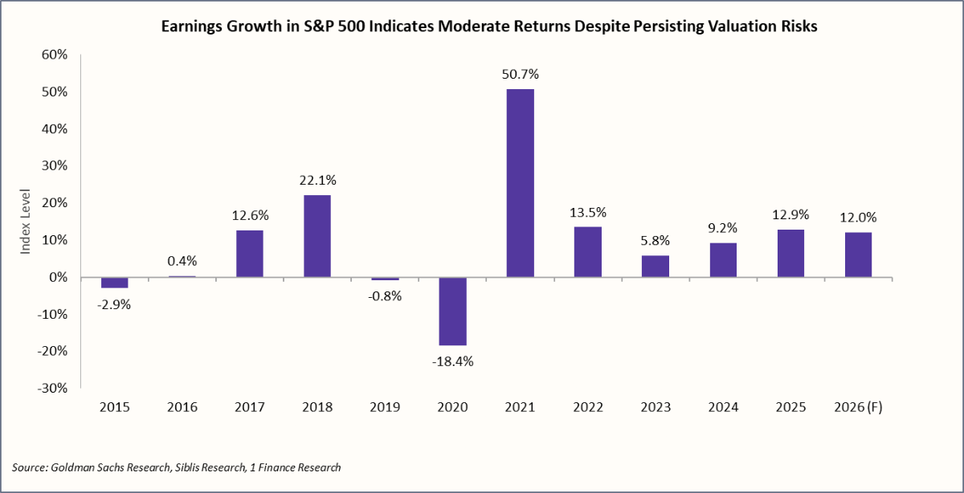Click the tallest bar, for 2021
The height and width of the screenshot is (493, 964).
(520, 183)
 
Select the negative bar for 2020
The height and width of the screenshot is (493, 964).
(452, 312)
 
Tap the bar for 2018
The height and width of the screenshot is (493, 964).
(317, 236)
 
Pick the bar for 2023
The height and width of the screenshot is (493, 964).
(656, 267)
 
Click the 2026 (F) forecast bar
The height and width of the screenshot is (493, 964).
(858, 255)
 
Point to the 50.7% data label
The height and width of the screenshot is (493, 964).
(520, 74)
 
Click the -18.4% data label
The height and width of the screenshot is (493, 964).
(452, 361)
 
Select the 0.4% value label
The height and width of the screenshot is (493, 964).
(182, 260)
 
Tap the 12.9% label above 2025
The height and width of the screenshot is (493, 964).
(790, 214)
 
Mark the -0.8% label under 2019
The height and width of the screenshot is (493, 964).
(384, 295)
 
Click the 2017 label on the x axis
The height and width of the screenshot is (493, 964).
(249, 407)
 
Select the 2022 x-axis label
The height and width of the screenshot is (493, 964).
(588, 407)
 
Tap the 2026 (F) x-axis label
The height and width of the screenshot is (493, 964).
(858, 407)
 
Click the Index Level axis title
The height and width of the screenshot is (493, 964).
(25, 222)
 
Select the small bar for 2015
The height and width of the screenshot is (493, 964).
(114, 283)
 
